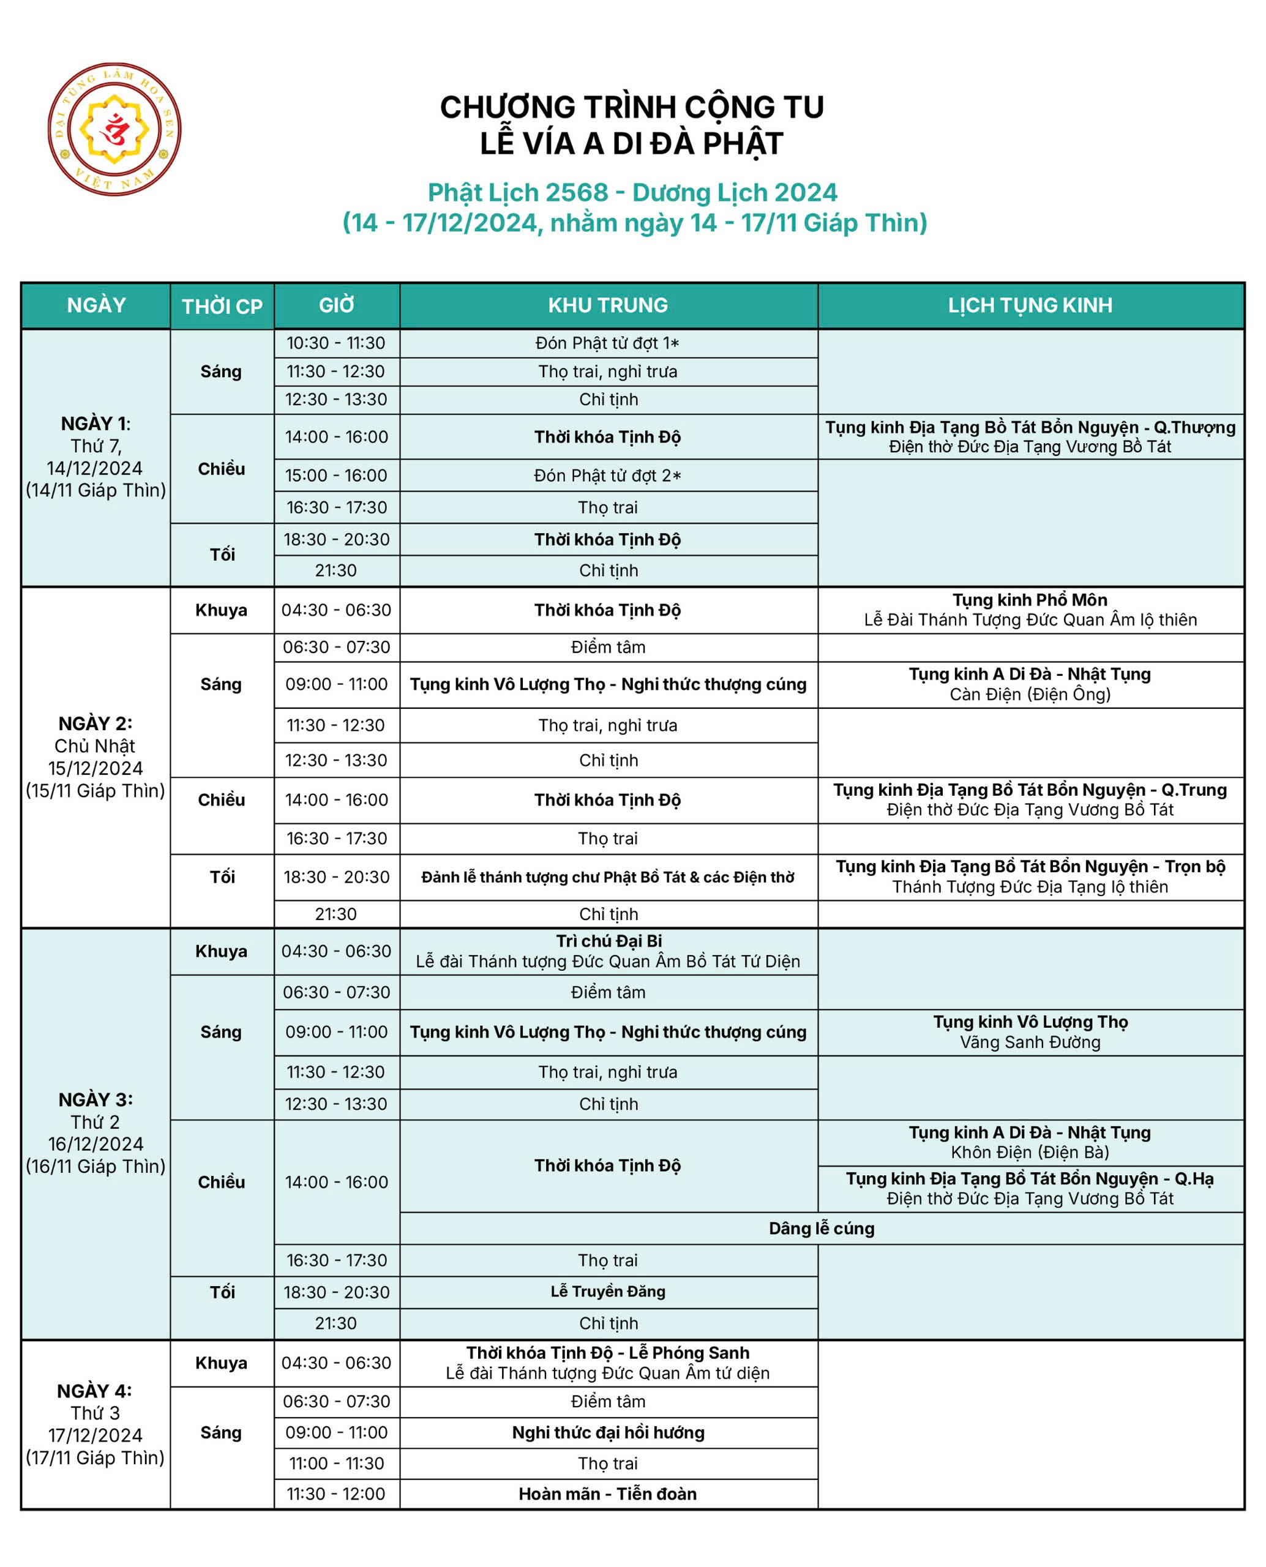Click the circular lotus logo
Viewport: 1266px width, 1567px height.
(114, 129)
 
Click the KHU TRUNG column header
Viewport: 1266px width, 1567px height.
(607, 305)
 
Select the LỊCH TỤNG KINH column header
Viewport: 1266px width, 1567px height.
(1030, 305)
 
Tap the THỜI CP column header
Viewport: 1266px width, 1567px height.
(222, 306)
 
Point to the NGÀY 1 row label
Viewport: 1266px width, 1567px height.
(96, 457)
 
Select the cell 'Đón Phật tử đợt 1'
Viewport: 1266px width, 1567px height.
(607, 343)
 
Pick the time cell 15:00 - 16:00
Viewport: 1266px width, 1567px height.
(336, 476)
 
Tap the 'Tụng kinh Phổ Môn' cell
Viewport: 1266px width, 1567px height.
(1030, 610)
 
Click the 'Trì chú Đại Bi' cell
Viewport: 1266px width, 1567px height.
(607, 951)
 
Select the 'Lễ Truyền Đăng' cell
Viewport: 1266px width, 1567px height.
(607, 1292)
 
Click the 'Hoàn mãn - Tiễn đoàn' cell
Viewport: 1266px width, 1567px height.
(607, 1494)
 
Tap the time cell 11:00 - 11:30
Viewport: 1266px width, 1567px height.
(336, 1463)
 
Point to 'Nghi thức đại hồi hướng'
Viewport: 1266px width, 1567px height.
(607, 1432)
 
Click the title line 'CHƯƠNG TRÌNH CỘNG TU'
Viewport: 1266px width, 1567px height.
(632, 107)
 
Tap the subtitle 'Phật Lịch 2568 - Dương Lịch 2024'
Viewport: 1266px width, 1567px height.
(632, 192)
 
